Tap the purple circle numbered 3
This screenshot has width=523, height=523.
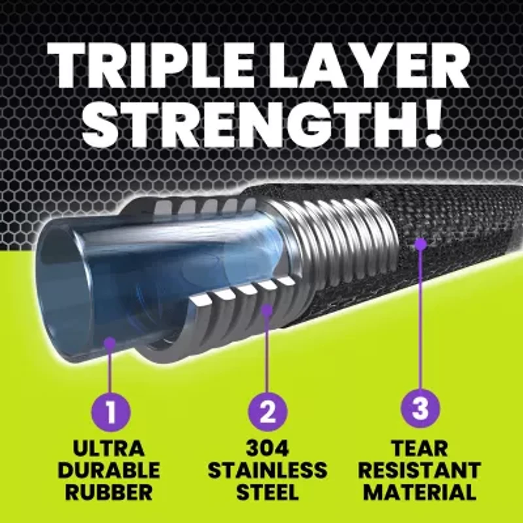pos(420,410)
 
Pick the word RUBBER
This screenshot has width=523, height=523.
pos(110,492)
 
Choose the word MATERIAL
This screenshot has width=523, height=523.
pos(420,492)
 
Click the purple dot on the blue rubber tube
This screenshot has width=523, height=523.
pos(110,341)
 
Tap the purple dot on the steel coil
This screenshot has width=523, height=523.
pos(267,309)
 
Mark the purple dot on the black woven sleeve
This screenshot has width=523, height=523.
pos(420,243)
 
